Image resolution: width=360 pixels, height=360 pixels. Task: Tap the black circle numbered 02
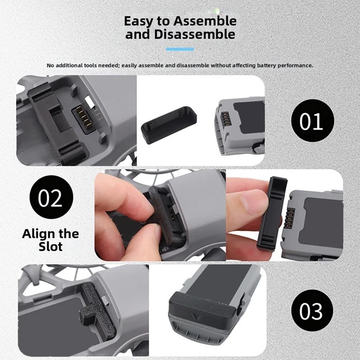pyautogui.click(x=51, y=199)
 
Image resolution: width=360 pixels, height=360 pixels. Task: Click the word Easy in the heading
pyautogui.click(x=138, y=21)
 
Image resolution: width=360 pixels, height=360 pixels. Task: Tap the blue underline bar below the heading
pyautogui.click(x=180, y=49)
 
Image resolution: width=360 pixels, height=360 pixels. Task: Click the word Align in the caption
pyautogui.click(x=36, y=233)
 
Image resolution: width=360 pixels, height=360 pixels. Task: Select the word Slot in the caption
pyautogui.click(x=51, y=247)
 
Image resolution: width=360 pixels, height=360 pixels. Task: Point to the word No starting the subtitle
pyautogui.click(x=51, y=65)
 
